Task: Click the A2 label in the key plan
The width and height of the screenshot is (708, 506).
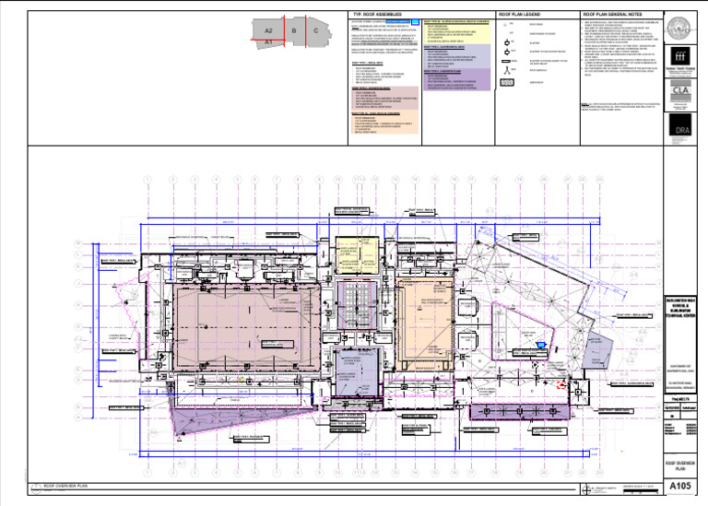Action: coord(268,31)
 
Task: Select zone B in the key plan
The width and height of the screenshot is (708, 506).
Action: coord(293,31)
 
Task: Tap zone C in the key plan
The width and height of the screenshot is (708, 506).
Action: coord(316,31)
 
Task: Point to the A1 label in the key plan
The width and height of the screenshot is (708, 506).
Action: coord(267,42)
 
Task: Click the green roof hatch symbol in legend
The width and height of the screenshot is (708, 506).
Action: coord(505,82)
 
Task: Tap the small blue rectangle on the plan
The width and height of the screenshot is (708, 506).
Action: coord(542,345)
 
